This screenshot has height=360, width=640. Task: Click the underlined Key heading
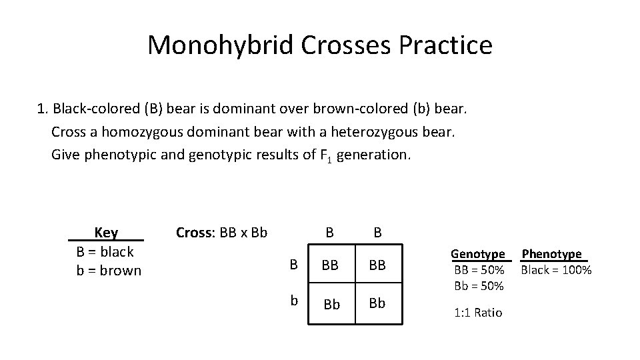106,233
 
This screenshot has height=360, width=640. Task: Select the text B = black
105,251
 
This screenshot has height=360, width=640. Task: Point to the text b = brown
109,270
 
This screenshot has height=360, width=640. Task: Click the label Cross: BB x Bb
221,233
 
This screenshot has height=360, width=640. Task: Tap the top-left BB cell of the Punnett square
331,265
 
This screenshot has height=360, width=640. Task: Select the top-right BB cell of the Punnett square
377,265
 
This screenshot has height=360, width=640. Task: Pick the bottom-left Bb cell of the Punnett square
331,303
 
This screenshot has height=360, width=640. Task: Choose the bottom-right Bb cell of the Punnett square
377,303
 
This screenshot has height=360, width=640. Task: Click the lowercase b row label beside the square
293,301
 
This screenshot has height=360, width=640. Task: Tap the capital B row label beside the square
293,265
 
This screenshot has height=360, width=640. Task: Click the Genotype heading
478,254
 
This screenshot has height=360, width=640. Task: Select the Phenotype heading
551,254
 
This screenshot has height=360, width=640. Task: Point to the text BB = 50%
479,270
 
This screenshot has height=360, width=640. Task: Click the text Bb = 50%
479,285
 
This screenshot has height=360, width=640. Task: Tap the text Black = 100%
556,270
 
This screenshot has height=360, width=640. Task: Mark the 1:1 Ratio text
478,312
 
